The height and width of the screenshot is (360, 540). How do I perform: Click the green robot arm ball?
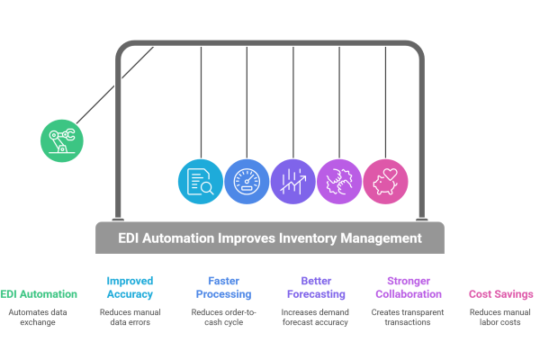pos(61,139)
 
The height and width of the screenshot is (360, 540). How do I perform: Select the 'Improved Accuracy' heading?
pos(130,287)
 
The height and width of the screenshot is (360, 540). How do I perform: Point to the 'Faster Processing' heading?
pos(220,287)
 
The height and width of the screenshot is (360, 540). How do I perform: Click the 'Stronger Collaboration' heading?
pos(408,287)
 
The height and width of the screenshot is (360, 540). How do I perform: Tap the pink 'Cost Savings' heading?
pos(500,293)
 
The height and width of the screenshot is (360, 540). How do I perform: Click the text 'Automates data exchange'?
pos(39,317)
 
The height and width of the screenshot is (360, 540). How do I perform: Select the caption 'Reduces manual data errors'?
pos(130,317)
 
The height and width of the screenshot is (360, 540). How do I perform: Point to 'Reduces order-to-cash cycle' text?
pos(220,317)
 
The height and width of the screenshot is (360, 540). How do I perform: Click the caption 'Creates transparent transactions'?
pos(408,317)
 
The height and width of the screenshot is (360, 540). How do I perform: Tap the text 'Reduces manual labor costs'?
pos(500,317)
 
